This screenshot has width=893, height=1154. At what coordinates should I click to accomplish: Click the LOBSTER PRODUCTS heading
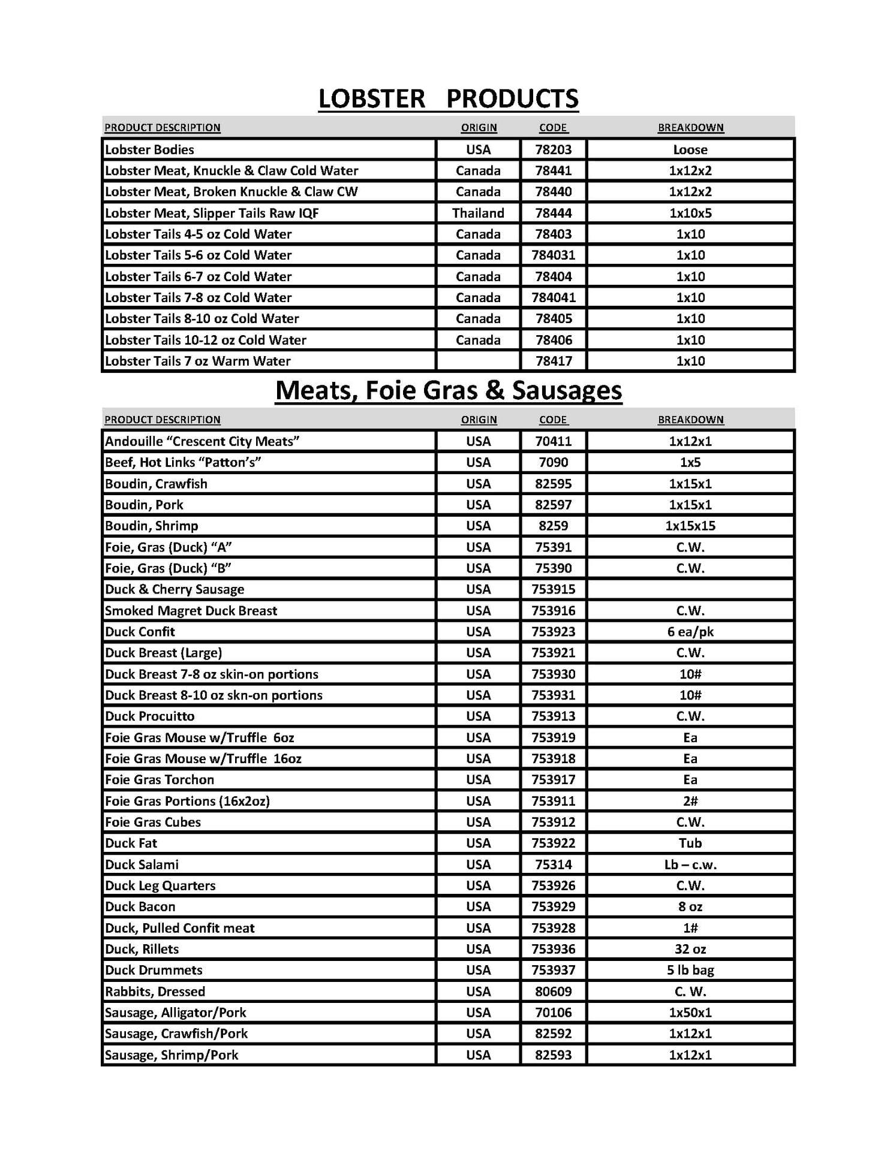448,98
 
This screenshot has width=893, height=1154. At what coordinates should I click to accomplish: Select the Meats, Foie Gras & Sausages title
448,390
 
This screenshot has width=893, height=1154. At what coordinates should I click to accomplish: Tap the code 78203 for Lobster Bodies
553,149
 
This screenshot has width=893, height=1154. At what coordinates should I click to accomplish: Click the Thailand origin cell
478,213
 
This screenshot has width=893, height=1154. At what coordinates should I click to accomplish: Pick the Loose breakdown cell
690,149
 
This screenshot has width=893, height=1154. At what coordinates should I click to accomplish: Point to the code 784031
553,255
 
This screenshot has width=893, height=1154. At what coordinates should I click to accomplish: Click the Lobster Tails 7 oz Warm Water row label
197,361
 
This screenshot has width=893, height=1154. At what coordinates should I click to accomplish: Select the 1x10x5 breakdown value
690,213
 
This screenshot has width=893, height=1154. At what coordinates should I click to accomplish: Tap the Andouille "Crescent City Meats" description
202,441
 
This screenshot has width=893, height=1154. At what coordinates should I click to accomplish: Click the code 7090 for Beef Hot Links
553,462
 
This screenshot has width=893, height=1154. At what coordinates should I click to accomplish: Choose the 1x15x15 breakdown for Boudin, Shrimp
690,526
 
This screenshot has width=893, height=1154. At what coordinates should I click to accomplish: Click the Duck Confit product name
140,631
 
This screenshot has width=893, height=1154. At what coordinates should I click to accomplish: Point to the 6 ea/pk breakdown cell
690,631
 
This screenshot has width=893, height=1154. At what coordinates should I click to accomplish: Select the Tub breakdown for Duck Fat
690,843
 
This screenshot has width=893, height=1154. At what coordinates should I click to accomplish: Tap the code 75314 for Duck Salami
553,864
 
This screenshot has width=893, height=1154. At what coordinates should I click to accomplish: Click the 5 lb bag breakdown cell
690,970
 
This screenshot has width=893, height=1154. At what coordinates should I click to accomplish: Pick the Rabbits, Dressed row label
155,992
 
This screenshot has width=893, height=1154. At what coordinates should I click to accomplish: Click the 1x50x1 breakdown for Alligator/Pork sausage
690,1013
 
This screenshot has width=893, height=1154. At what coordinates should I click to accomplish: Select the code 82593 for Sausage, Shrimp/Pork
553,1055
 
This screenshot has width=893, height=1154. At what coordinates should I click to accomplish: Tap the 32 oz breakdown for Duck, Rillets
690,949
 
